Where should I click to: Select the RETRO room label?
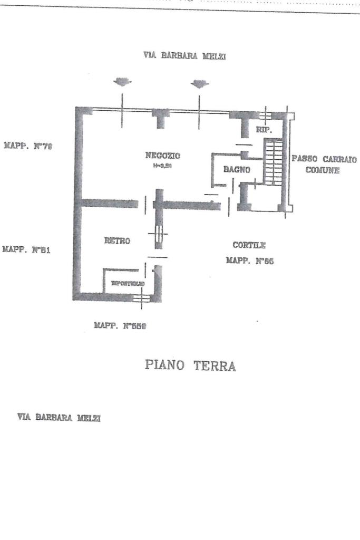pyautogui.click(x=117, y=240)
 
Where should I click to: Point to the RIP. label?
pyautogui.click(x=264, y=129)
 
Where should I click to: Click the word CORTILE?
pyautogui.click(x=249, y=245)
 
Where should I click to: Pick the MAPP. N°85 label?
pyautogui.click(x=250, y=260)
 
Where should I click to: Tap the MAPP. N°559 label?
pyautogui.click(x=120, y=326)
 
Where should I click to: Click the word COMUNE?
pyautogui.click(x=323, y=170)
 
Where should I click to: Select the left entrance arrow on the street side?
pyautogui.click(x=122, y=82)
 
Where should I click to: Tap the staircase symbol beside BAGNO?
pyautogui.click(x=273, y=161)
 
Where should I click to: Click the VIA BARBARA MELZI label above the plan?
pyautogui.click(x=184, y=56)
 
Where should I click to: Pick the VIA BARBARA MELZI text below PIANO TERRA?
pyautogui.click(x=59, y=417)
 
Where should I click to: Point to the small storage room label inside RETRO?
pyautogui.click(x=128, y=284)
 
